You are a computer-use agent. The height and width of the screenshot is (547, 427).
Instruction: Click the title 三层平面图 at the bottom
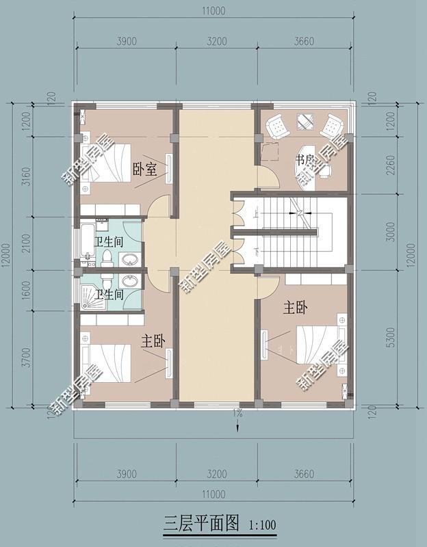(x=201, y=524)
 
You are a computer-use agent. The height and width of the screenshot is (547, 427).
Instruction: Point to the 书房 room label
(x=305, y=160)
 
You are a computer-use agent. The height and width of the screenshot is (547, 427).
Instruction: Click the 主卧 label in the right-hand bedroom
(x=295, y=308)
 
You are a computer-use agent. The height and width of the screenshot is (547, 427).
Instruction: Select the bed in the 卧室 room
(x=107, y=163)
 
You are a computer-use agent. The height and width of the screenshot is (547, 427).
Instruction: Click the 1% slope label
(x=237, y=413)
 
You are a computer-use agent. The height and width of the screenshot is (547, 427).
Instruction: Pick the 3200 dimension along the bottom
(x=216, y=474)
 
